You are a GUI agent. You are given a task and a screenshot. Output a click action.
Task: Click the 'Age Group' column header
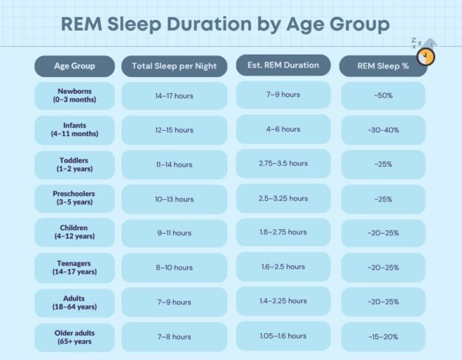[75, 66]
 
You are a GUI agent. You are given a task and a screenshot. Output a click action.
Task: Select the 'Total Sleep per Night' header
[174, 66]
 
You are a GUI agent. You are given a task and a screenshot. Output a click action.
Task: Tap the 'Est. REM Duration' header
[283, 65]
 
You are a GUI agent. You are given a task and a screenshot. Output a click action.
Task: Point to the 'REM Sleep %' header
[383, 66]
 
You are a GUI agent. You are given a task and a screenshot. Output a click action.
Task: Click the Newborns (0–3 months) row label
[75, 95]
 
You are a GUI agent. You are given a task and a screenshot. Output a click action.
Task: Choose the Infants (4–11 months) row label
[75, 130]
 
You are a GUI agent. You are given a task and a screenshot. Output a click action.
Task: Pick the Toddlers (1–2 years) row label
[75, 165]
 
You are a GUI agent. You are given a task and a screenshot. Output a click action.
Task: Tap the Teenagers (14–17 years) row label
[75, 268]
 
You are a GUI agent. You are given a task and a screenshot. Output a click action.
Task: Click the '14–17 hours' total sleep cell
[174, 95]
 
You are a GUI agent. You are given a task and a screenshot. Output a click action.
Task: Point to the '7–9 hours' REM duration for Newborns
[283, 95]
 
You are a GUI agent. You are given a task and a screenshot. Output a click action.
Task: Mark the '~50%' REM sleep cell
[383, 95]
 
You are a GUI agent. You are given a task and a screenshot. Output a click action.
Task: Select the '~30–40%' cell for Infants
[383, 130]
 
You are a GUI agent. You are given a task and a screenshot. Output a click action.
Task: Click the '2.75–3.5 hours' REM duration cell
[283, 163]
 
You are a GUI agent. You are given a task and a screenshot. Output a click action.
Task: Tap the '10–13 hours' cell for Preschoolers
[174, 199]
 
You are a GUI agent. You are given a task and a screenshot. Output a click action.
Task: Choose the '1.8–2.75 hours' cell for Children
[283, 232]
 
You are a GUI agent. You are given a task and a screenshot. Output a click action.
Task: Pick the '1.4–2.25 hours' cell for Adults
[283, 301]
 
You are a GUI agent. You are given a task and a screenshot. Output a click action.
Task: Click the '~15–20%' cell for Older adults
[383, 337]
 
